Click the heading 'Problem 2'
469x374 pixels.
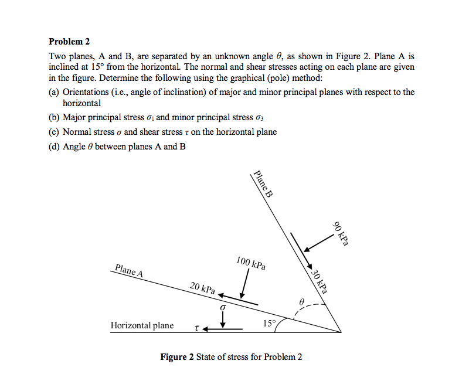coord(69,42)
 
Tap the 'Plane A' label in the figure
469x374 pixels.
coord(130,270)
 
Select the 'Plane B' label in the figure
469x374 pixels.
coord(262,185)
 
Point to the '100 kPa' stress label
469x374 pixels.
coord(251,263)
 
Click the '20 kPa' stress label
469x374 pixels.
coord(202,288)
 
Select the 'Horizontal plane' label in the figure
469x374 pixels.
coord(142,325)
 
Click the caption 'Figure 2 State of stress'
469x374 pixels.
coord(232,357)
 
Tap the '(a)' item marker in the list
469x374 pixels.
coord(54,92)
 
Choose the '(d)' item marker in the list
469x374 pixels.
coord(54,146)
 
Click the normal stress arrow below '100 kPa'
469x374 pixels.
coord(244,285)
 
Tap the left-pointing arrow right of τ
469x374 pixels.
coord(223,329)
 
